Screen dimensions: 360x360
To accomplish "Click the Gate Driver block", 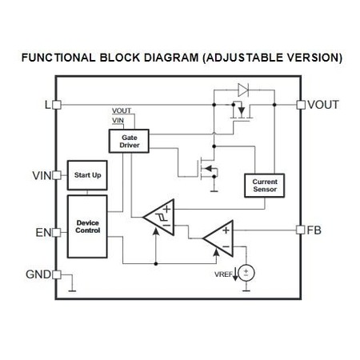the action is [129, 141].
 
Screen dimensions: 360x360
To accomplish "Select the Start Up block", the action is [87, 175].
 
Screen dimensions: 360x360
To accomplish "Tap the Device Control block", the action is [87, 226].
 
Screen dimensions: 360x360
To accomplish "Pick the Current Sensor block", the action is [265, 186].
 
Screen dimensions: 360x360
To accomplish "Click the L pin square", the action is [57, 105].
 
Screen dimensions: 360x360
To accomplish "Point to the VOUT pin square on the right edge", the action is [301, 105].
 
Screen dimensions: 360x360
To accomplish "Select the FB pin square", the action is [301, 230].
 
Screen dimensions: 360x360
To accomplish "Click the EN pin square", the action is [57, 233].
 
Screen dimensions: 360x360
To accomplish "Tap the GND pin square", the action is [57, 274].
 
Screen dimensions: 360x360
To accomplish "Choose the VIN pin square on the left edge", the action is [57, 175].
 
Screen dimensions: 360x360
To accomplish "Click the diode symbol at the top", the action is [243, 90].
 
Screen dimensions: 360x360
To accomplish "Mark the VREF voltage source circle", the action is [246, 273].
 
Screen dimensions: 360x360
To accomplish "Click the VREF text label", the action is [223, 274].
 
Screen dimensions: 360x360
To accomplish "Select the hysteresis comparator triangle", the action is [159, 217].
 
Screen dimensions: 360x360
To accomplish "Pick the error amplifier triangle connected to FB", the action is [218, 238].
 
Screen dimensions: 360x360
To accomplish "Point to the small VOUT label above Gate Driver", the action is [122, 110].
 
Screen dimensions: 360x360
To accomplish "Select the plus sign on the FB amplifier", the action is [226, 230].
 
